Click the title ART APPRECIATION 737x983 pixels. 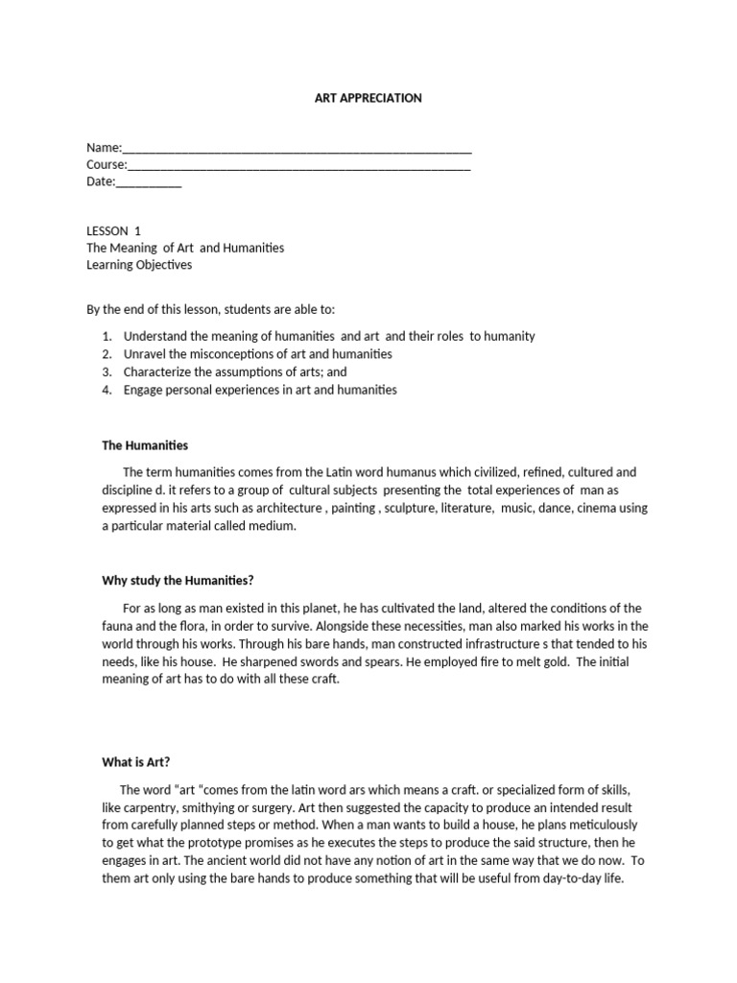[369, 98]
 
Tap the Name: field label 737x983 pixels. [105, 148]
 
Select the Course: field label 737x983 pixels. [107, 165]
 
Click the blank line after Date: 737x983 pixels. [149, 182]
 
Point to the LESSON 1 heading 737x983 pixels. [113, 230]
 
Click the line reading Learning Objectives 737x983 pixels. [139, 265]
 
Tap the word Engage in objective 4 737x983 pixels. [143, 390]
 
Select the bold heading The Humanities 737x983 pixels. [145, 445]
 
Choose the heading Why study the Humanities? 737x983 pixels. [178, 580]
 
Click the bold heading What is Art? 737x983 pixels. [136, 762]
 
